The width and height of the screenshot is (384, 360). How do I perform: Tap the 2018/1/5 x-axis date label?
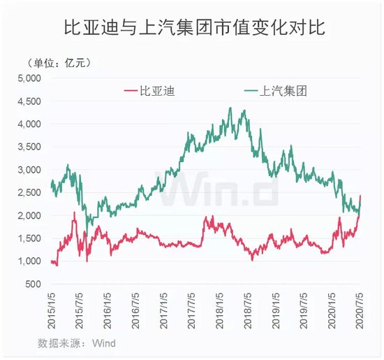click(221, 313)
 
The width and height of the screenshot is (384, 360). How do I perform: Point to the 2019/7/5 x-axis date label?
click(304, 313)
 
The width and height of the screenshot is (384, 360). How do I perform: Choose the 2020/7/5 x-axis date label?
click(360, 313)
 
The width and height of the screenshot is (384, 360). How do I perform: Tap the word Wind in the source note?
click(104, 343)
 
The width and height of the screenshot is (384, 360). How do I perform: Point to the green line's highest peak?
click(231, 108)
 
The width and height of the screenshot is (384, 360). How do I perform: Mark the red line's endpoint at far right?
click(360, 196)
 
